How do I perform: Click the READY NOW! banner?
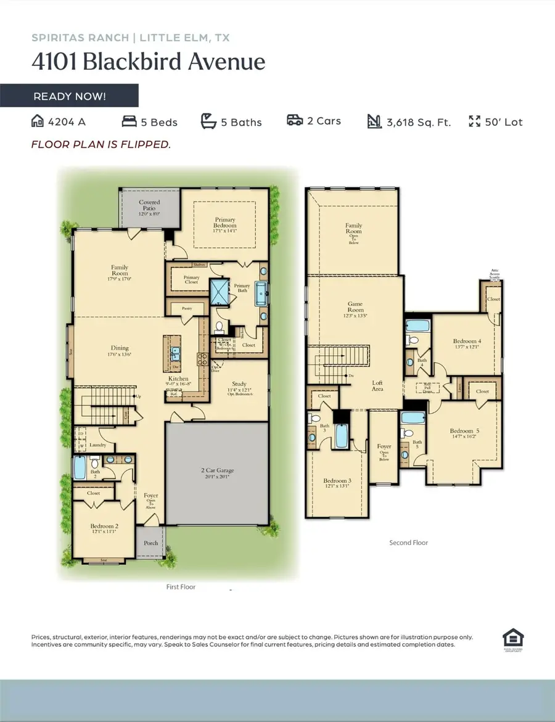[69, 96]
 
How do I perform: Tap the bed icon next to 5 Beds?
[129, 121]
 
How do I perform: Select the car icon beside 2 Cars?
[295, 121]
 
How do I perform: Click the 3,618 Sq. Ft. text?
[419, 122]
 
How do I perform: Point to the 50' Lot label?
[504, 122]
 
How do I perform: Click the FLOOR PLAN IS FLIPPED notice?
[101, 144]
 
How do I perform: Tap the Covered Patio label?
[149, 205]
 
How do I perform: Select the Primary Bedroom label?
[225, 223]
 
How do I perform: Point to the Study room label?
[239, 387]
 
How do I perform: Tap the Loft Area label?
[377, 386]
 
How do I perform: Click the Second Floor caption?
[408, 543]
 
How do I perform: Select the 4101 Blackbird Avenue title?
[148, 62]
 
